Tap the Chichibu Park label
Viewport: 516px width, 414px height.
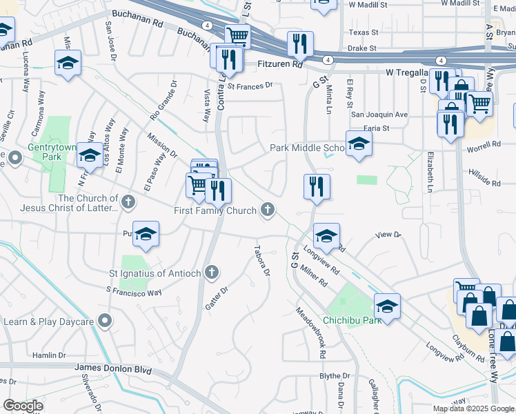click(x=353, y=320)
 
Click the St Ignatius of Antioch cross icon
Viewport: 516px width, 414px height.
click(x=212, y=273)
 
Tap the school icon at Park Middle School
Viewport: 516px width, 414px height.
click(x=358, y=145)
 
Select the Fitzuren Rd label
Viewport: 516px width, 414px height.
click(x=279, y=64)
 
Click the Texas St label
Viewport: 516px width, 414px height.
click(x=364, y=32)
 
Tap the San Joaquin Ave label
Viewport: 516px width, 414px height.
click(x=379, y=115)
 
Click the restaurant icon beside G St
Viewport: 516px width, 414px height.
click(x=317, y=186)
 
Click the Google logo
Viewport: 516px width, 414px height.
click(x=23, y=406)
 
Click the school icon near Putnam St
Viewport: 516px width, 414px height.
click(x=146, y=235)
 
